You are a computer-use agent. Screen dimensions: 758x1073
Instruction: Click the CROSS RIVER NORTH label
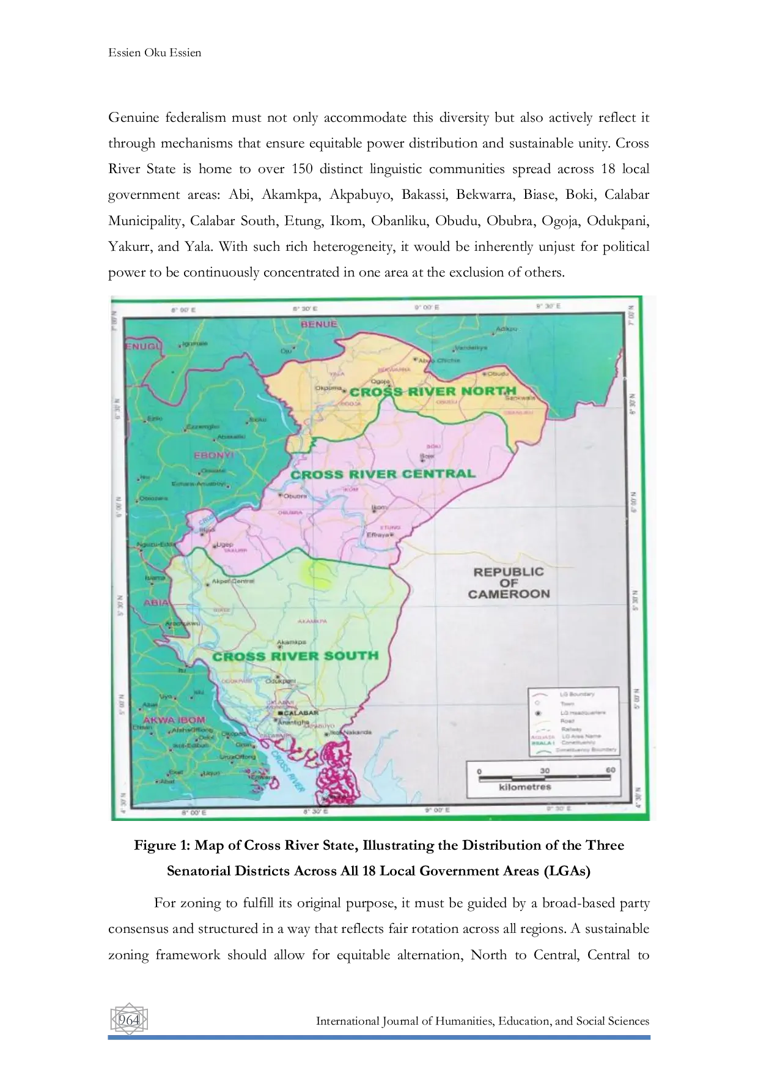(434, 391)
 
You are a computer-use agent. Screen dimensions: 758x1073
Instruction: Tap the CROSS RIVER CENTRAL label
(383, 474)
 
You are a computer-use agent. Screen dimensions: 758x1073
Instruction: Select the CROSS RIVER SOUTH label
(296, 656)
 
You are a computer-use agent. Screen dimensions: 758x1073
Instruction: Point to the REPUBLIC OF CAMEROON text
(509, 582)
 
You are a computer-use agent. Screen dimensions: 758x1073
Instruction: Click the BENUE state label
(318, 324)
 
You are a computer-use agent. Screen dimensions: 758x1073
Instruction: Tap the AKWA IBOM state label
(174, 719)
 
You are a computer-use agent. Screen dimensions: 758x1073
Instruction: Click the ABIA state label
(156, 602)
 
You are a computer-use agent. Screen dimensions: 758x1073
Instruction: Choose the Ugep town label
(225, 544)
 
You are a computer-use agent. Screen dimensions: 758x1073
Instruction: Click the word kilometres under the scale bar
(525, 787)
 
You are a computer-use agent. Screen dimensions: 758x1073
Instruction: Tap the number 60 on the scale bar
(609, 770)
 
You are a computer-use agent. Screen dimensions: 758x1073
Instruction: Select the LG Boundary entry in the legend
(577, 694)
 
